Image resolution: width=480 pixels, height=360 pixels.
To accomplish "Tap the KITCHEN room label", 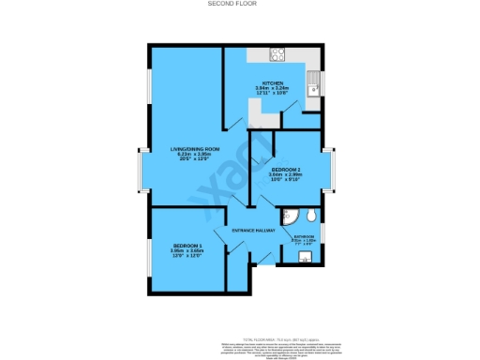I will point(273,83).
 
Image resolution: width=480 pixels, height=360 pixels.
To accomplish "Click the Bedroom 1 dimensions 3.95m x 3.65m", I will point(187,251).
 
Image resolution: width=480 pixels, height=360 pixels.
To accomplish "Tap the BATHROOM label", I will point(304,236).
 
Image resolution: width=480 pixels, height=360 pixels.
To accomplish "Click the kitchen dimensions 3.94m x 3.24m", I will point(273,90).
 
